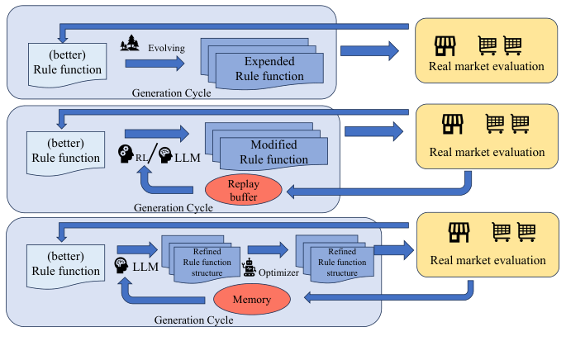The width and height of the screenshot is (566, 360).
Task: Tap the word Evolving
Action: (x=166, y=48)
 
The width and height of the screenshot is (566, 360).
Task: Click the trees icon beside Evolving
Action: (x=130, y=44)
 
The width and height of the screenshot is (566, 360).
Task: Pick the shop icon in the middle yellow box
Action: (x=453, y=125)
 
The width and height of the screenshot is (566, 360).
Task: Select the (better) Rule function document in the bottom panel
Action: (x=69, y=263)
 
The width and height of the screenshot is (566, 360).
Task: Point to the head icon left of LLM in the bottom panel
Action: (x=121, y=266)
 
